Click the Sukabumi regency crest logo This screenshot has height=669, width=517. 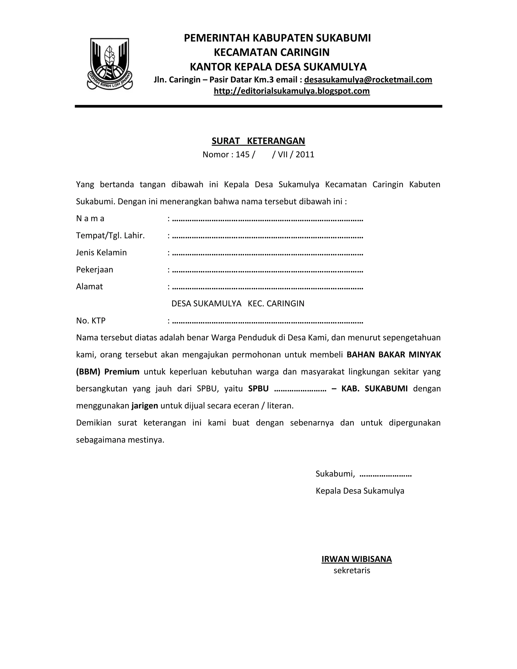click(110, 64)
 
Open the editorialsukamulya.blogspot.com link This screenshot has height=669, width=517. click(292, 91)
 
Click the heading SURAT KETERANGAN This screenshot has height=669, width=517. click(258, 141)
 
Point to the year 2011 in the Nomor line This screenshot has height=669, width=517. click(305, 155)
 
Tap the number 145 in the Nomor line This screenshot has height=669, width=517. click(243, 155)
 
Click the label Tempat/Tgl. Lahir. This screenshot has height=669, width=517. click(110, 236)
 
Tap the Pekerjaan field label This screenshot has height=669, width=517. click(95, 270)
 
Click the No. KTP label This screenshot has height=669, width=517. click(91, 321)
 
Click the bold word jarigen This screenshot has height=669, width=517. click(145, 406)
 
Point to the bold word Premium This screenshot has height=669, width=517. click(122, 372)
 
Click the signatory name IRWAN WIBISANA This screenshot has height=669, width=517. click(356, 559)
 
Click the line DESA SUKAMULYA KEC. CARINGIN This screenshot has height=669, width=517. click(238, 303)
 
